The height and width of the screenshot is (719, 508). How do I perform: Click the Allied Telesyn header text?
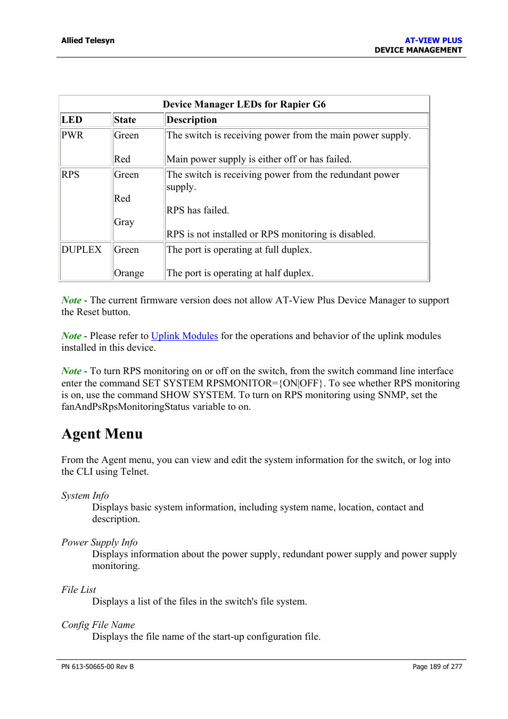87,40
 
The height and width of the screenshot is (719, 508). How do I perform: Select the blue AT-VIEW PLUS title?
433,40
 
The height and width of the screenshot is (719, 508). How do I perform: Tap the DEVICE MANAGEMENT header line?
418,50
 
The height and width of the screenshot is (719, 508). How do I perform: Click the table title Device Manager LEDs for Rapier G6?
244,104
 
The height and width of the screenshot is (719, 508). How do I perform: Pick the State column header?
125,120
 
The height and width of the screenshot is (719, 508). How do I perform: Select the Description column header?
191,120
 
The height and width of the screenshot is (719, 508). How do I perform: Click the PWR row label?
72,135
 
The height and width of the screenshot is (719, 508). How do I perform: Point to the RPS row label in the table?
70,175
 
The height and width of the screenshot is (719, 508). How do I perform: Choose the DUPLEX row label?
81,250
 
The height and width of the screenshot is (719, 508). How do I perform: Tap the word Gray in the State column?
124,222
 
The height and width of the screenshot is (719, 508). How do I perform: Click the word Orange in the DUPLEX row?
129,273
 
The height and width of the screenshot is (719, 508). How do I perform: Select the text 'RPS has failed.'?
198,210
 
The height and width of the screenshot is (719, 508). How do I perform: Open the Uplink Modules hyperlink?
184,336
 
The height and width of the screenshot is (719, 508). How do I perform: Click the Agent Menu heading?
102,434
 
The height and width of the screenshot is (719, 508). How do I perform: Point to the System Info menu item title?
85,495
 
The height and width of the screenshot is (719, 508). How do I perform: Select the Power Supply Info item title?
100,542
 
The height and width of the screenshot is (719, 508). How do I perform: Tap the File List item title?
79,590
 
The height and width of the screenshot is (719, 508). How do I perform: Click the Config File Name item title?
98,625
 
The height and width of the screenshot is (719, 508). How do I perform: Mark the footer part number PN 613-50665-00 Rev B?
97,667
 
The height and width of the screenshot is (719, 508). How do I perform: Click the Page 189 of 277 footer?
437,667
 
